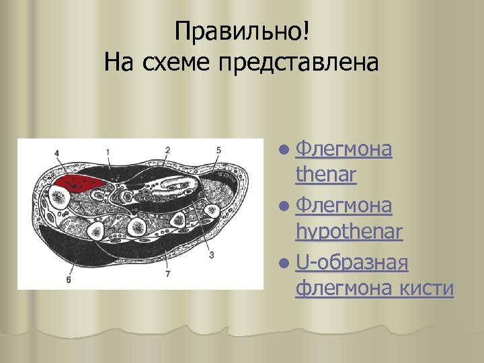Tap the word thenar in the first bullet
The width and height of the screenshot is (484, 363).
[x=325, y=175]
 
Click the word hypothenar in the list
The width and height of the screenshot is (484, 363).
[x=348, y=232]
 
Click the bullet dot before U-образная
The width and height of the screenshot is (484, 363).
[x=286, y=261]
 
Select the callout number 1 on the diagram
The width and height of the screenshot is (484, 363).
[x=108, y=150]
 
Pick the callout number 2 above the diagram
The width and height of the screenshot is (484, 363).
[x=167, y=149]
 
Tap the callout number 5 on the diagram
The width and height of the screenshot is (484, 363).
[x=218, y=149]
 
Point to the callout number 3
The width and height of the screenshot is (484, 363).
[x=211, y=255]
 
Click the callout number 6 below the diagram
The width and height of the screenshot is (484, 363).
[x=68, y=280]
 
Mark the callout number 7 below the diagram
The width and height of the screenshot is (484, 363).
[x=167, y=275]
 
